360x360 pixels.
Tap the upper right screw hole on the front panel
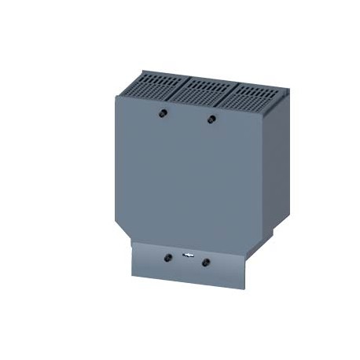pos(210,119)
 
